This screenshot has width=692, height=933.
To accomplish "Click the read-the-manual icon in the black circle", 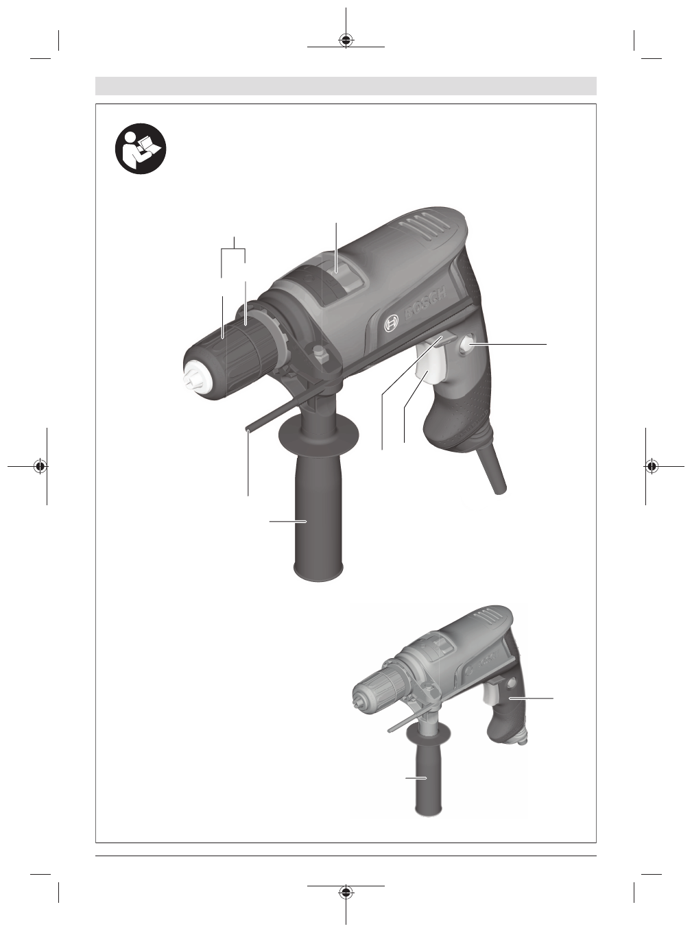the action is pos(141,149).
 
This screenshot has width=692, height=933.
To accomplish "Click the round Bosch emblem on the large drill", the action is pos(391,324).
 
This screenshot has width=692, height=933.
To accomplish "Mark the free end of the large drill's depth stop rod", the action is pos(247,428).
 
